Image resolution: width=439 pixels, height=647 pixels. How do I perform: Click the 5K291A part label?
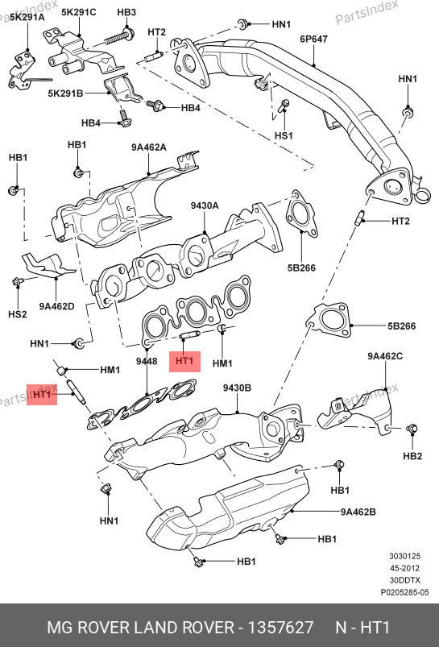click(27, 17)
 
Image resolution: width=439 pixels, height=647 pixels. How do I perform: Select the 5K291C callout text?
click(79, 12)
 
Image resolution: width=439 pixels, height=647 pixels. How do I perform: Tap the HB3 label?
click(126, 12)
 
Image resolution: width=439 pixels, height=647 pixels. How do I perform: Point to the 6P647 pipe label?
click(313, 39)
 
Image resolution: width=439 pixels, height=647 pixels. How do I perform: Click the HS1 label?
click(284, 135)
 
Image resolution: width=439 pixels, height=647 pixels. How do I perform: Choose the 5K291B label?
click(65, 93)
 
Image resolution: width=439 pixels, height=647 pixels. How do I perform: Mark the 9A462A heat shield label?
click(149, 147)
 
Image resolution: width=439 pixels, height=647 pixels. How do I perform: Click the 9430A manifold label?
click(205, 205)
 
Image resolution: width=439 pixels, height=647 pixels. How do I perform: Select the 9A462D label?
click(57, 306)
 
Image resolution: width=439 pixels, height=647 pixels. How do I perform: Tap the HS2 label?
click(18, 314)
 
